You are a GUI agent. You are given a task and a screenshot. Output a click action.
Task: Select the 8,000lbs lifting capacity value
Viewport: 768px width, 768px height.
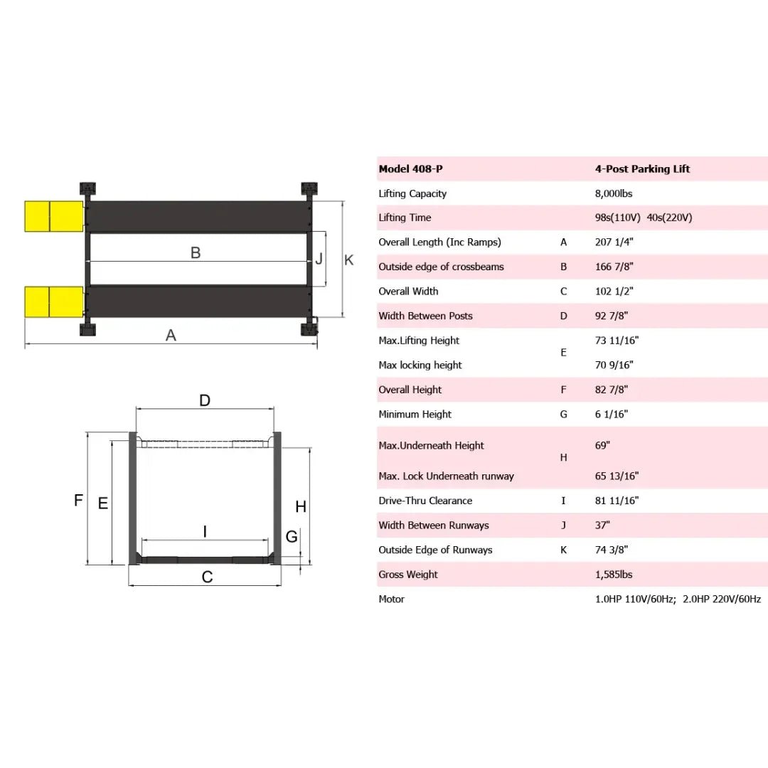612,193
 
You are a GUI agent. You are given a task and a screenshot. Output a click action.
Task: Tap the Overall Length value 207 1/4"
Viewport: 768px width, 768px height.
614,242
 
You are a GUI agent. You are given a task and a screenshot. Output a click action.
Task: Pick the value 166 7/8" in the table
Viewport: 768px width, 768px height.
614,267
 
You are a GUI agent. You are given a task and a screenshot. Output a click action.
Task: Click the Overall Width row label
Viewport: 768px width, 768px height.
408,292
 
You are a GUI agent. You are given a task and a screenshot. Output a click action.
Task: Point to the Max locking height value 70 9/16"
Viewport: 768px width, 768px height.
614,366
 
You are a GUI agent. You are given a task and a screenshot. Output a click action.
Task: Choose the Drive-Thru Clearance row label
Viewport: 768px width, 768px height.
425,501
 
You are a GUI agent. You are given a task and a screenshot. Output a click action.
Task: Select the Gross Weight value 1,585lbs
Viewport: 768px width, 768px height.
613,575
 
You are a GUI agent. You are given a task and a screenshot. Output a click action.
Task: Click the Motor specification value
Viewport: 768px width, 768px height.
678,599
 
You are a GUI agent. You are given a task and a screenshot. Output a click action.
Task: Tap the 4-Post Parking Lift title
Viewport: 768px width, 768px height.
642,169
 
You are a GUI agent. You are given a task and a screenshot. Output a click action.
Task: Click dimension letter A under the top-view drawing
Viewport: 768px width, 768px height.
171,335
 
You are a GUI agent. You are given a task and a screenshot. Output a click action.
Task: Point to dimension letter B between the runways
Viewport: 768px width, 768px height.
196,252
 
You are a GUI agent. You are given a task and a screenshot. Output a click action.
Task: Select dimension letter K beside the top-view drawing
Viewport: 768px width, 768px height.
349,260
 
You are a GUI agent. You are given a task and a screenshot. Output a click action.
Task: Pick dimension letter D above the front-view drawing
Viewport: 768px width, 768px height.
205,401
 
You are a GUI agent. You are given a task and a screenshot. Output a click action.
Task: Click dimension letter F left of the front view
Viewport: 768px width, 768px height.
79,501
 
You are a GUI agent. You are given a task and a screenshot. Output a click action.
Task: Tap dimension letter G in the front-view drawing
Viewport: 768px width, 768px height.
292,537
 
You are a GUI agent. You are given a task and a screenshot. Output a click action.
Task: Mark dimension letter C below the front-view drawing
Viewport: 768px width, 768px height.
207,577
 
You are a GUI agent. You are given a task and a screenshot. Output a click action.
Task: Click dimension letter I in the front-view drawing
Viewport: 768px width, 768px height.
206,531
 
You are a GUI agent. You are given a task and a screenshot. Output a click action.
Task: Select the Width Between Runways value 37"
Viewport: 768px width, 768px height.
603,526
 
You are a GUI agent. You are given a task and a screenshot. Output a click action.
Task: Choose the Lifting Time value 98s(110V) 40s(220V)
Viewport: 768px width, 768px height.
643,218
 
